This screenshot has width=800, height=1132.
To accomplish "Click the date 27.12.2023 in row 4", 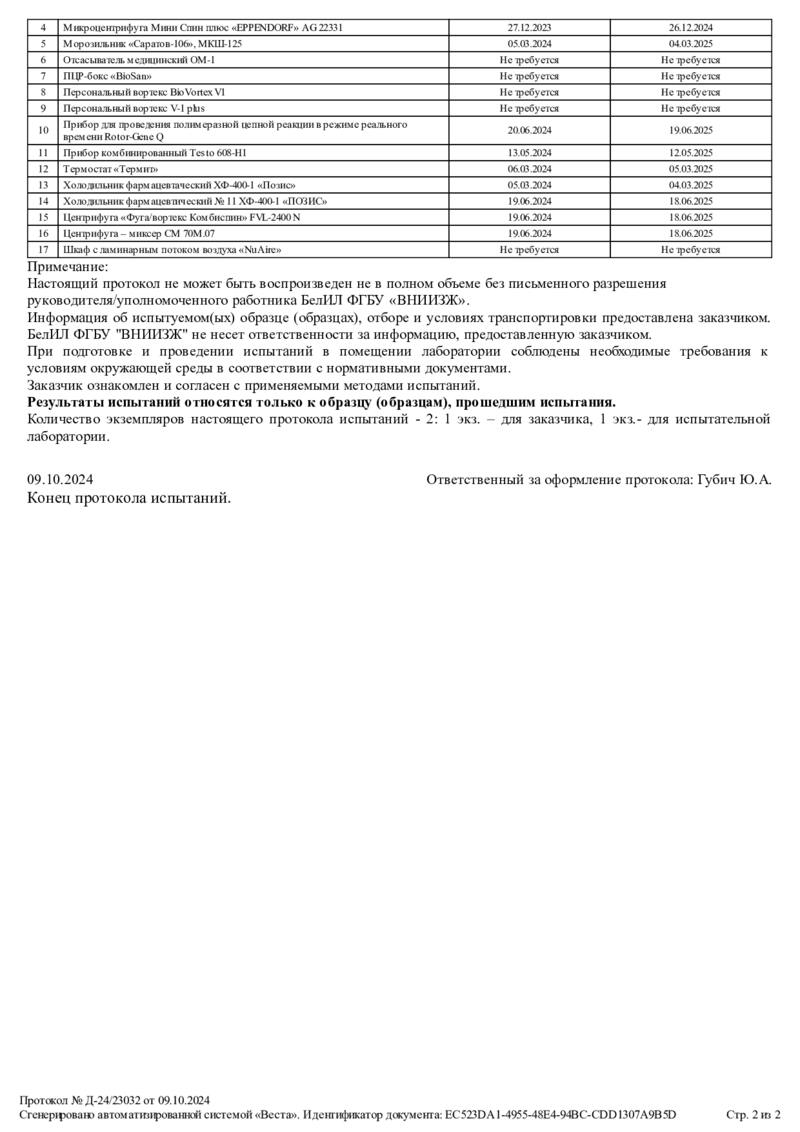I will [x=529, y=28].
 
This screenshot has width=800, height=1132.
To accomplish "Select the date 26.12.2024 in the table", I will [x=690, y=28].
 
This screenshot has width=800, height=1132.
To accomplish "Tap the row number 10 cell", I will [x=43, y=130].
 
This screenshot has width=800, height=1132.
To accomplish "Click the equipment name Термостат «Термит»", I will [x=111, y=169].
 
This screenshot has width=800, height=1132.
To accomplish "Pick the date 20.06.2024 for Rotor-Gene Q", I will [x=529, y=130].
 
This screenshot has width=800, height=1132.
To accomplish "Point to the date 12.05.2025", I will [x=690, y=153].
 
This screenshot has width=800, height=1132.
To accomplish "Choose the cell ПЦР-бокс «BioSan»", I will [x=107, y=76].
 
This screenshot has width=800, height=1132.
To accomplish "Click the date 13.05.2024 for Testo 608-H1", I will [x=529, y=153].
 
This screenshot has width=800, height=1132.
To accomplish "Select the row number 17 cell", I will [x=43, y=249].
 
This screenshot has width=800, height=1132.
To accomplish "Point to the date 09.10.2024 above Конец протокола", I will [x=60, y=480].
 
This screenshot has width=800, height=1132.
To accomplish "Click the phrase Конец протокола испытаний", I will [x=129, y=497].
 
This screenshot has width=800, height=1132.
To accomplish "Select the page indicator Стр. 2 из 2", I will [x=752, y=1114].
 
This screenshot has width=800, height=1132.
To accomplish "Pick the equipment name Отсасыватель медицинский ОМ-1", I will [x=139, y=60].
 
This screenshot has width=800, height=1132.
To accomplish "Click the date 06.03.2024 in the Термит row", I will [x=529, y=169].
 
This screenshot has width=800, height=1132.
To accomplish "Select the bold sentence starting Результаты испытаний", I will [x=322, y=401].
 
